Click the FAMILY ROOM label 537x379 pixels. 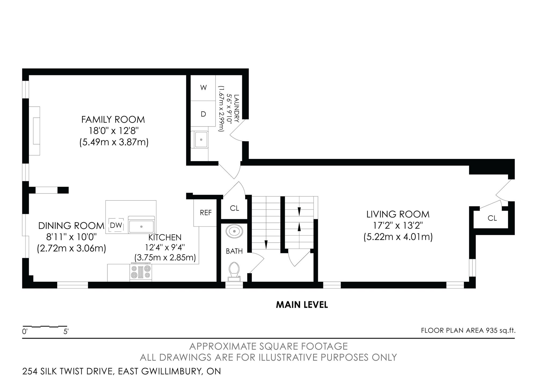click(113, 120)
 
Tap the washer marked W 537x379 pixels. click(203, 88)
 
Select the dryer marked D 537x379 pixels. click(203, 114)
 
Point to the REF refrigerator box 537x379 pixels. click(205, 213)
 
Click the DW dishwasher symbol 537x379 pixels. click(116, 225)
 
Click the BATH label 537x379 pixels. click(234, 251)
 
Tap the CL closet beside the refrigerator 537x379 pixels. click(234, 208)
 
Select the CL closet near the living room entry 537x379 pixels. click(492, 218)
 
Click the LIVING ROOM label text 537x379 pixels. click(398, 214)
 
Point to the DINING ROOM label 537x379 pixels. click(71, 226)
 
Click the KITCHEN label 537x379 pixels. click(165, 237)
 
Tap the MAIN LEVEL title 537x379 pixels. click(302, 305)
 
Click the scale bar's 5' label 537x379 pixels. click(66, 332)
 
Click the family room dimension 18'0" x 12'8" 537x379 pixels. click(114, 131)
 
